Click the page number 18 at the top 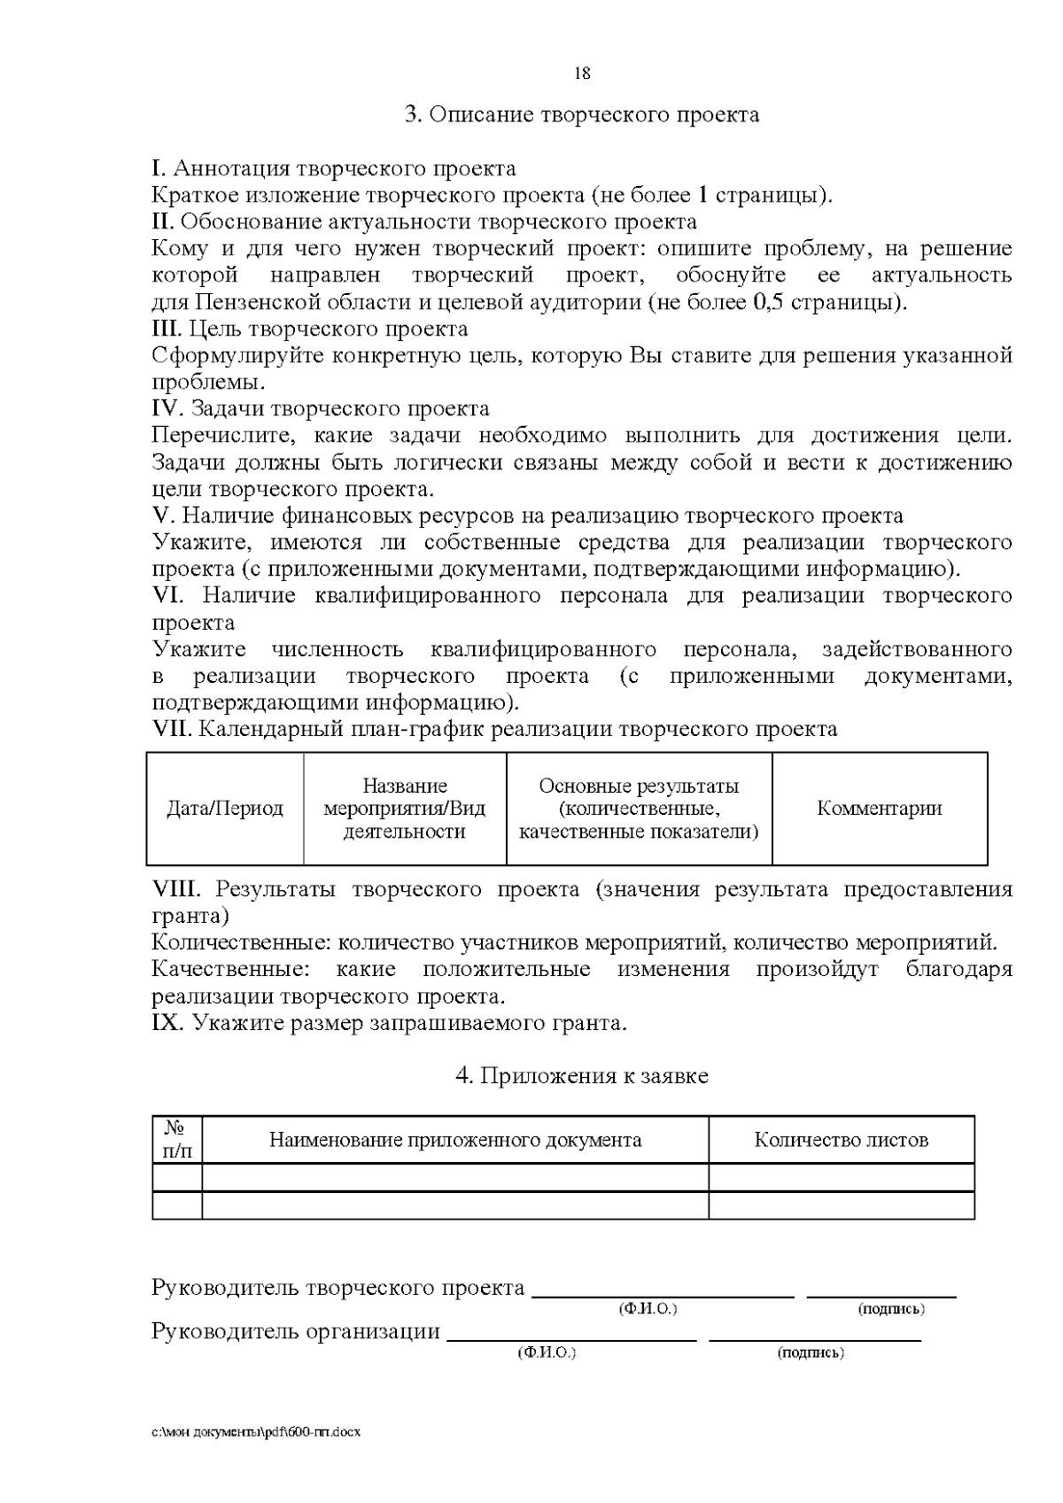click(x=582, y=74)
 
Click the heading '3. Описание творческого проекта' click(x=582, y=115)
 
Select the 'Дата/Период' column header click(x=225, y=809)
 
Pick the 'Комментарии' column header click(x=880, y=809)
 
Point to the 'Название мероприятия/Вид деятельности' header click(x=405, y=809)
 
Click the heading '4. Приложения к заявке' click(x=582, y=1076)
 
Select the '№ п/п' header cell click(x=177, y=1140)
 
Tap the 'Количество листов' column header click(x=841, y=1140)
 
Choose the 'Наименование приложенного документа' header click(x=455, y=1140)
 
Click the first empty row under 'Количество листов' click(x=841, y=1178)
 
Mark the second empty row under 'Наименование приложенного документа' click(x=455, y=1205)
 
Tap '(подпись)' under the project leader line click(x=891, y=1309)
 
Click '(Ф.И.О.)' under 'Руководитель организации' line click(x=547, y=1353)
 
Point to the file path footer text click(x=256, y=1431)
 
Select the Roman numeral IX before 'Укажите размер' click(x=167, y=1024)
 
